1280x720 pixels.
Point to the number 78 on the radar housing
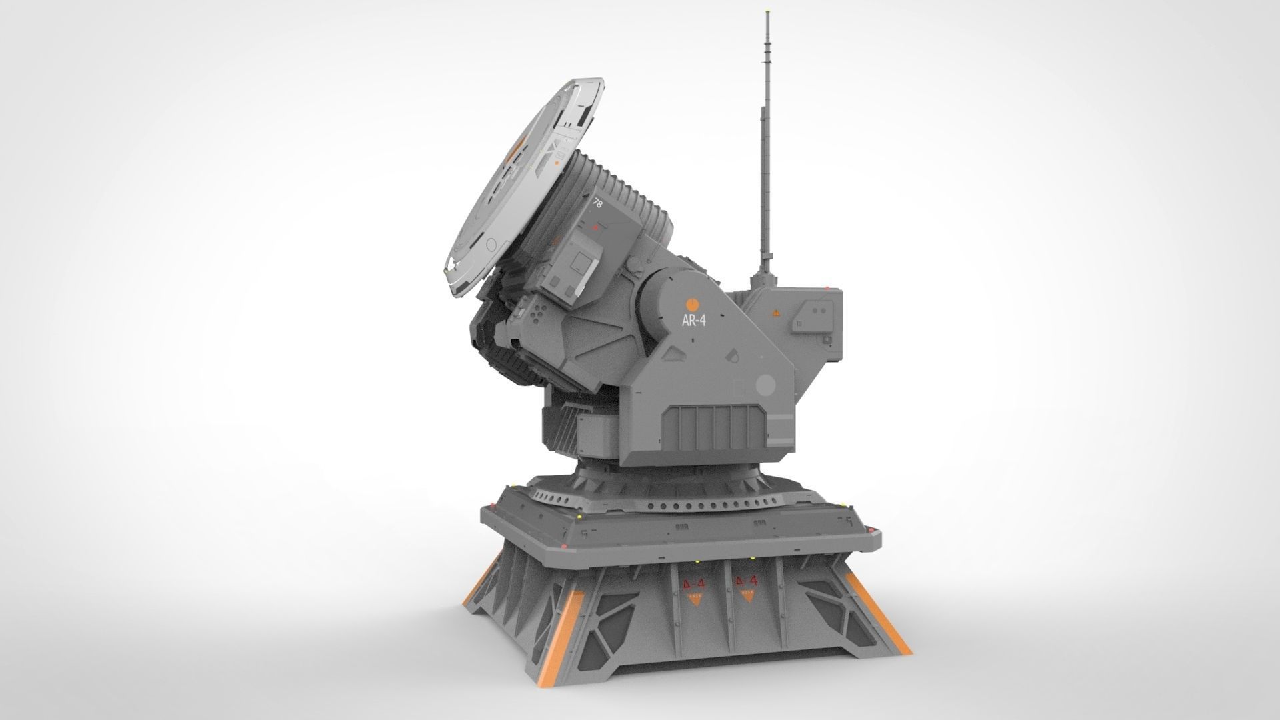[x=597, y=205]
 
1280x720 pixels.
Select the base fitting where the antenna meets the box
[x=765, y=280]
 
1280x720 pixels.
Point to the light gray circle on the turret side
[x=766, y=385]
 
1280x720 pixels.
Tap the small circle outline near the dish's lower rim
[x=492, y=243]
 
